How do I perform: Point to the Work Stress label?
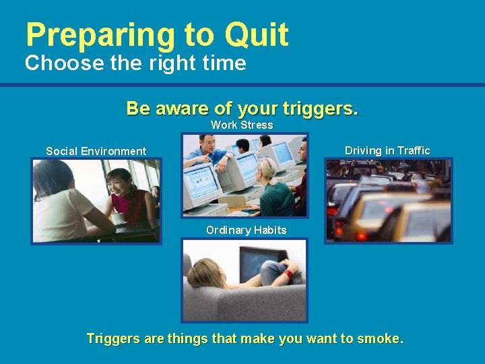point(242,125)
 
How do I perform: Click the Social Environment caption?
point(96,151)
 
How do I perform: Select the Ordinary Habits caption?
point(246,230)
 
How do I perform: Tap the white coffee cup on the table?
point(117,219)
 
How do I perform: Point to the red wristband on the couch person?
point(288,274)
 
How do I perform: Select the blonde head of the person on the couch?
point(202,275)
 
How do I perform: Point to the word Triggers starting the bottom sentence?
point(112,338)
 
